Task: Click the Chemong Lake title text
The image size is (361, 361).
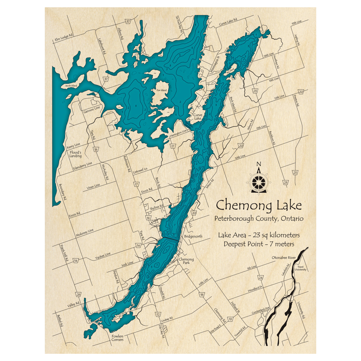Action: coord(258,206)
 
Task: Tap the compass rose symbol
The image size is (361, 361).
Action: coord(258,180)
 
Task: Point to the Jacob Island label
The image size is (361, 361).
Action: coord(71,86)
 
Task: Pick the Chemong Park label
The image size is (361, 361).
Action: coord(186,261)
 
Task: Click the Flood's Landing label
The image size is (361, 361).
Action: coord(76,154)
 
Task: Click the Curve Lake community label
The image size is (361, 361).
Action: coord(197,117)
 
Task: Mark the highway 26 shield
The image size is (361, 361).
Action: coord(79,294)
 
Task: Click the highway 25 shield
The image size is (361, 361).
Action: coord(295,173)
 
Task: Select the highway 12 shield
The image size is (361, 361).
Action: coord(158,314)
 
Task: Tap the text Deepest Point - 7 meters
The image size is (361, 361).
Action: coord(258,244)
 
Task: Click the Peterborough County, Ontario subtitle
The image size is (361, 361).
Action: coord(258,219)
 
